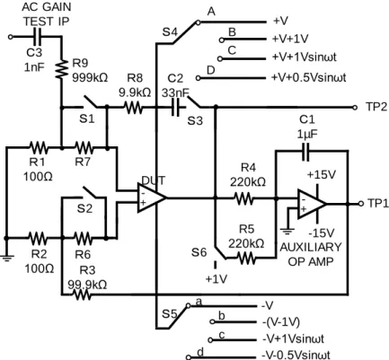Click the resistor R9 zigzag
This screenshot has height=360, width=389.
point(61,69)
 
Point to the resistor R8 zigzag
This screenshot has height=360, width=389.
point(134,107)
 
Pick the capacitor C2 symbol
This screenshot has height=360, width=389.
point(176,107)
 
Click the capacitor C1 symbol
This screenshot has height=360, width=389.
point(305,152)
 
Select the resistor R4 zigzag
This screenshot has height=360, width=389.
point(244,198)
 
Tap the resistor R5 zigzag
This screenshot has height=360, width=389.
point(246,258)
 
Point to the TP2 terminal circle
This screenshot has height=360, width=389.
point(355,107)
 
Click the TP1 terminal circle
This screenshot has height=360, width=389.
point(361,204)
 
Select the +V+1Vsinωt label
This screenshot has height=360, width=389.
point(305,57)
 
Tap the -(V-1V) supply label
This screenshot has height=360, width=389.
point(280,322)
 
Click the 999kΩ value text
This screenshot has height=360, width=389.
point(90,77)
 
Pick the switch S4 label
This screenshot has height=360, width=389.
point(170,31)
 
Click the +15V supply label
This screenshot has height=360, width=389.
point(322,174)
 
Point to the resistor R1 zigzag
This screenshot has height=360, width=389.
point(39,147)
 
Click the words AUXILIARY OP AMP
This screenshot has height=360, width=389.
point(311,254)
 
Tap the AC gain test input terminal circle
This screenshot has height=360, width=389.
point(11,37)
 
